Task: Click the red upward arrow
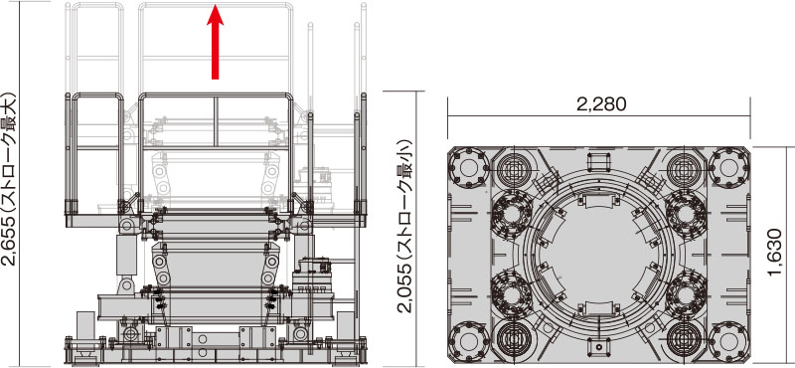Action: [215, 42]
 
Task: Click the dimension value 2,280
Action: [601, 104]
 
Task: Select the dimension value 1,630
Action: [774, 253]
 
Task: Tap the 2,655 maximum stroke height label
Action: [10, 179]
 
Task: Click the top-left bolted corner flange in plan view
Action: [469, 167]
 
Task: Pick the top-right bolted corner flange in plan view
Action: [728, 167]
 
